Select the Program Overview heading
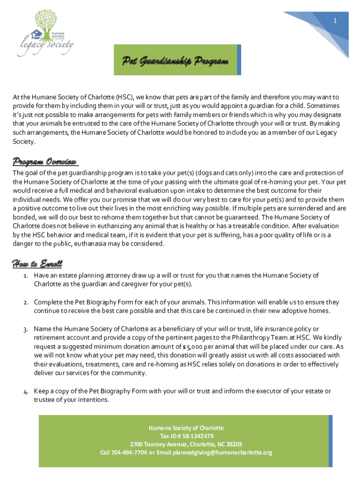pos(45,162)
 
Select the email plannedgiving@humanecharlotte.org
pos(222,452)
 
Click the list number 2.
pos(26,302)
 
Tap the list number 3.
pos(26,329)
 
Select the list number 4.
pos(26,391)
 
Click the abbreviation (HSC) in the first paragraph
pos(124,97)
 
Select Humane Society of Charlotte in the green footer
pos(186,428)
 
